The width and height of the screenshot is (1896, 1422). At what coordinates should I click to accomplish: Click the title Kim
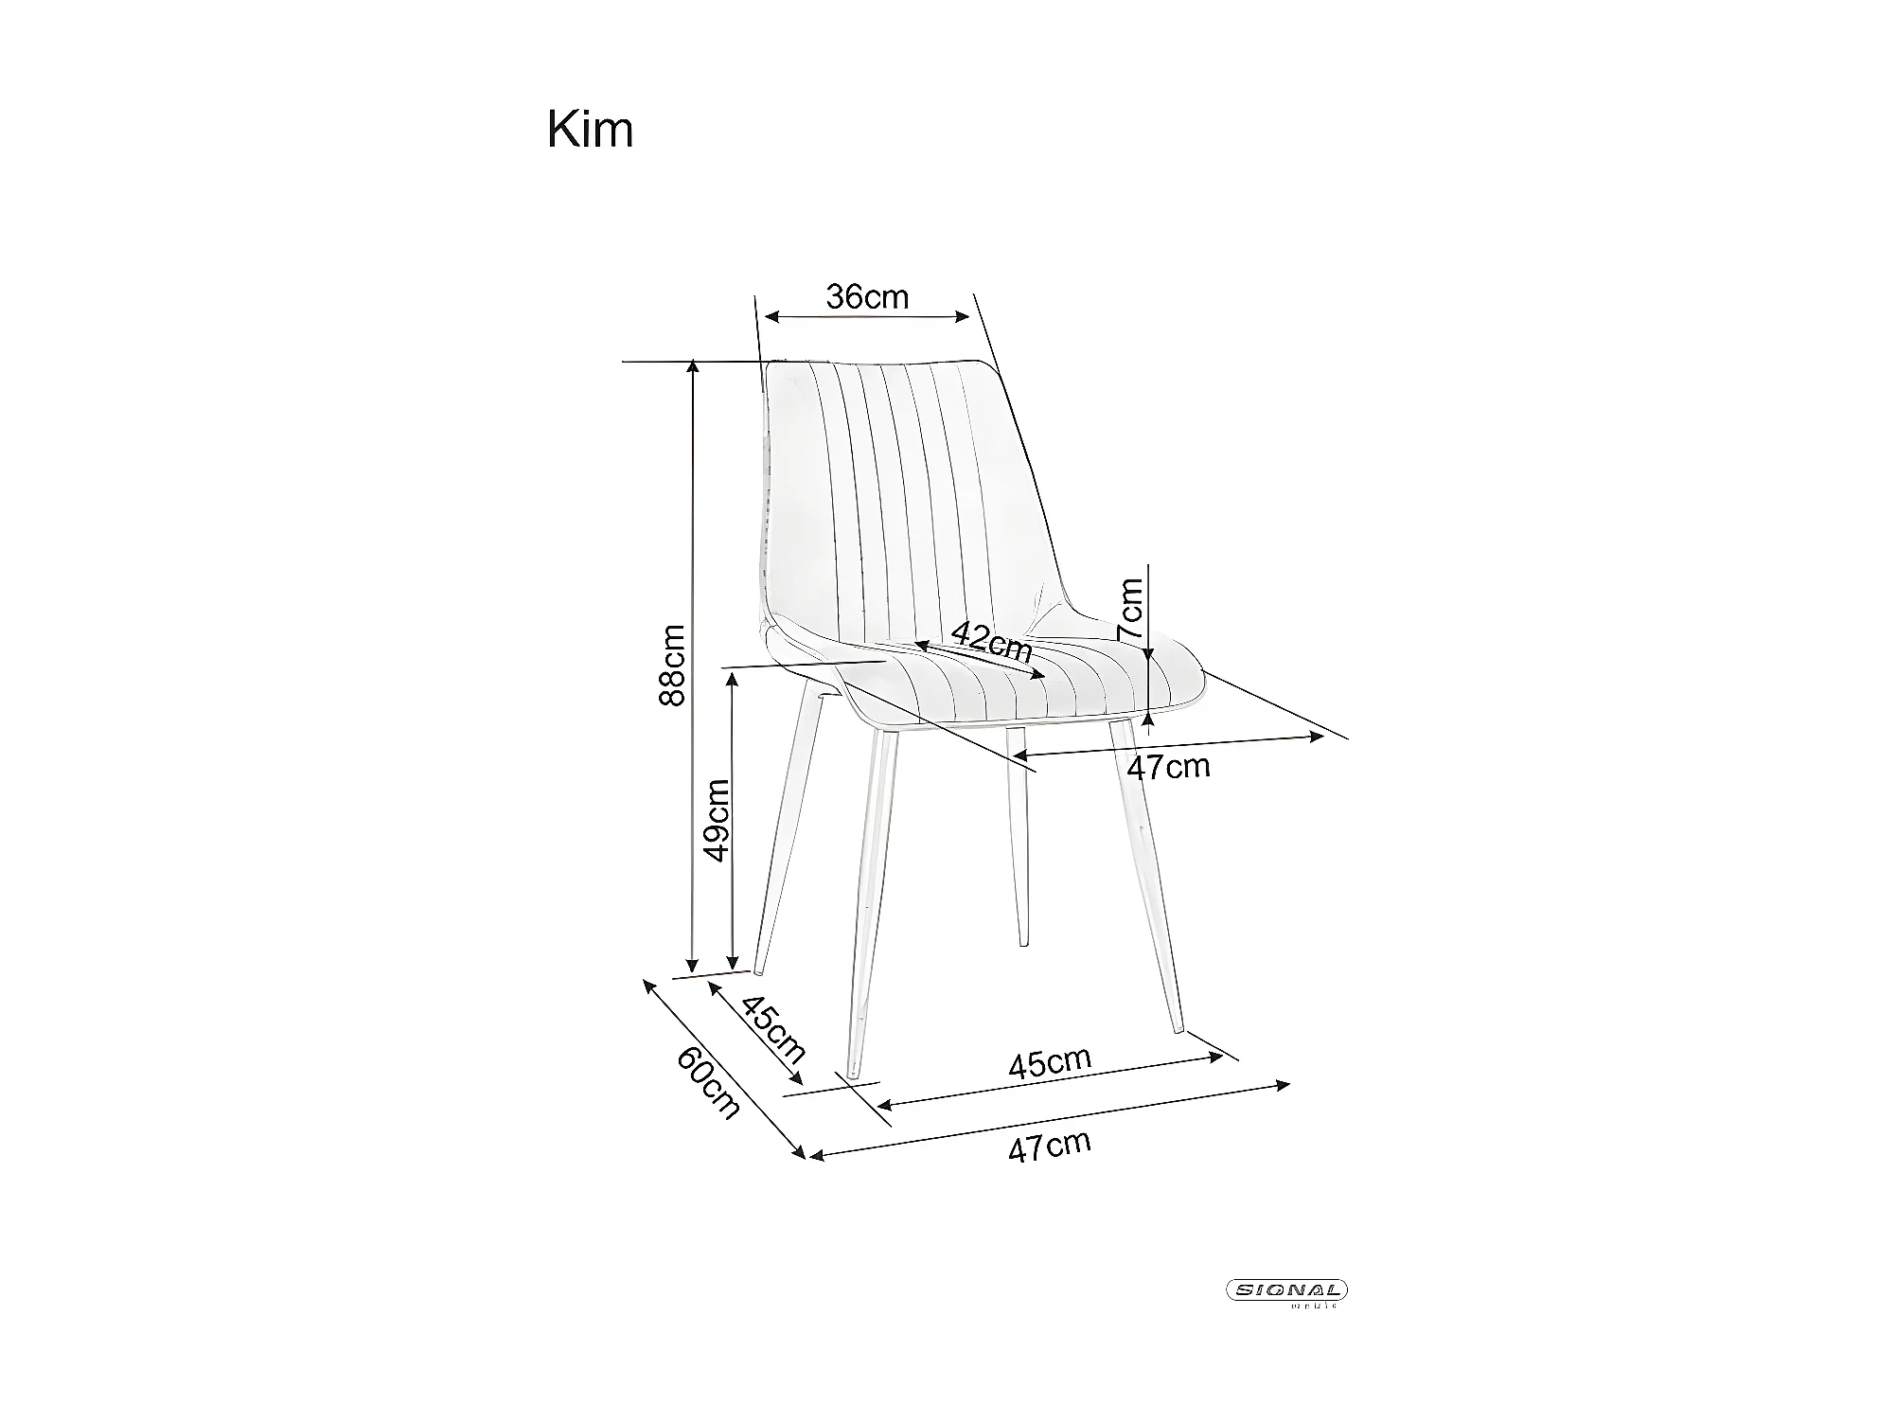pos(590,130)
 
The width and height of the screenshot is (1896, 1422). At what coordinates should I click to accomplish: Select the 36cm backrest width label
pos(867,297)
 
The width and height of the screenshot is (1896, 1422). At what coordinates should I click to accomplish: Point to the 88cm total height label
pos(671,665)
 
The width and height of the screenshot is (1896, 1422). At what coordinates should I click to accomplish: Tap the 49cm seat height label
pos(718,820)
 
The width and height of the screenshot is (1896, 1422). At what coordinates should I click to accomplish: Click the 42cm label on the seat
pos(991,642)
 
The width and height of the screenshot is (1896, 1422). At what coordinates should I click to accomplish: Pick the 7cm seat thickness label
pos(1130,608)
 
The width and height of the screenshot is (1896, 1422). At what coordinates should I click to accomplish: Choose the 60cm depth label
pos(707,1084)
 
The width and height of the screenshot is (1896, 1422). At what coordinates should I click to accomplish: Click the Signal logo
pos(1287,1290)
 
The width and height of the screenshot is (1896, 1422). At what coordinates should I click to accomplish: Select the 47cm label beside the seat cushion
pos(1168,766)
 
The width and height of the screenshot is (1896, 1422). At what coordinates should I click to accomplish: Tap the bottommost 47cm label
pos(1049,1146)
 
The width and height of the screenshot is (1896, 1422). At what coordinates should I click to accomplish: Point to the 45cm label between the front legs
pos(1049,1062)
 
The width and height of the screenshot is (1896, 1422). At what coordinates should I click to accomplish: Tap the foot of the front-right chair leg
pos(1178,1028)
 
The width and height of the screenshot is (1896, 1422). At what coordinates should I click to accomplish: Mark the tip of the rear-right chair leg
pos(1023,942)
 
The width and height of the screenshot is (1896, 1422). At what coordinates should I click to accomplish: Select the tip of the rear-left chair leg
pos(758,969)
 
